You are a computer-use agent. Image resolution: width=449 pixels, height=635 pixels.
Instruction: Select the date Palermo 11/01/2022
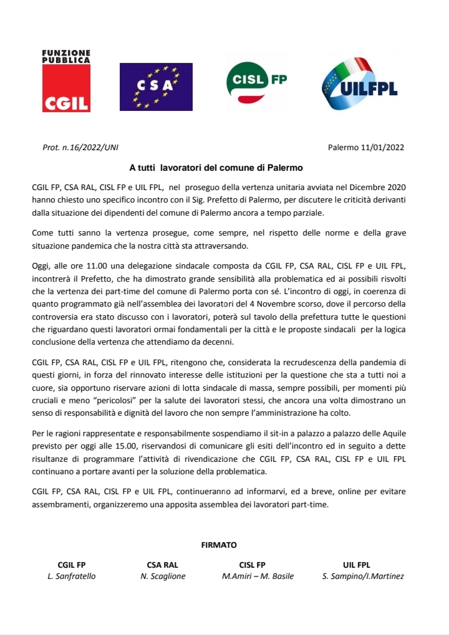click(x=365, y=148)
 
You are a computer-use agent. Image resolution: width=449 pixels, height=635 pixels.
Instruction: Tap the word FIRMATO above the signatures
click(x=219, y=545)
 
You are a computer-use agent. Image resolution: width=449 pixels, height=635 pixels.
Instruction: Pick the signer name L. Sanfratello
click(x=72, y=576)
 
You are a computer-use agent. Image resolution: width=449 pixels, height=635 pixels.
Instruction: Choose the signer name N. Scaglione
click(x=163, y=576)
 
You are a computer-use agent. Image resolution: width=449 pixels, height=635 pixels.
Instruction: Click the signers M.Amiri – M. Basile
click(x=258, y=576)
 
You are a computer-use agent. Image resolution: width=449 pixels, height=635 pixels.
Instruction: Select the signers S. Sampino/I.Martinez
click(x=363, y=576)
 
